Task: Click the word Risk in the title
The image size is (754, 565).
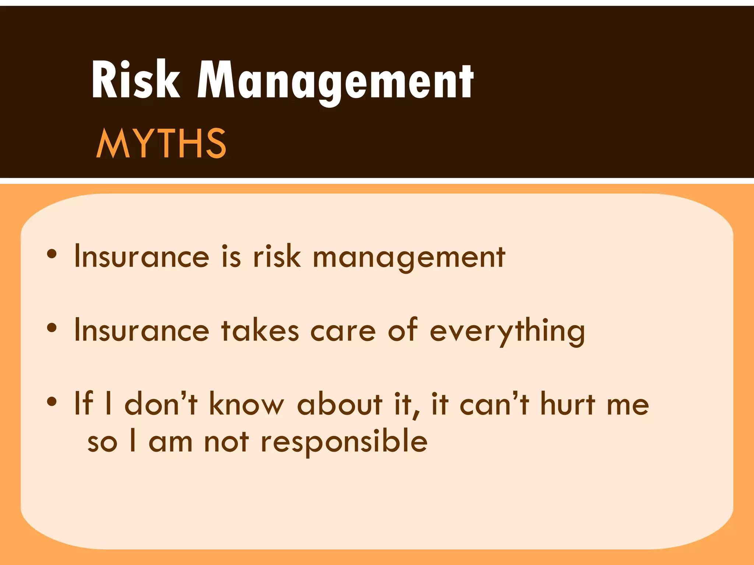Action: click(135, 80)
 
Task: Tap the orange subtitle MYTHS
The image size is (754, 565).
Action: click(161, 143)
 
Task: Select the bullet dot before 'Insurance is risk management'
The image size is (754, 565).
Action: click(52, 253)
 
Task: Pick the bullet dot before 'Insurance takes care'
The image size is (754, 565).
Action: click(52, 327)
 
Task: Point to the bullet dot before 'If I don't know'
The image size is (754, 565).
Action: click(52, 401)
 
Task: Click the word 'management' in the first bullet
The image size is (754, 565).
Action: click(409, 257)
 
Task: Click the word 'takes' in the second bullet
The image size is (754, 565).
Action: click(260, 330)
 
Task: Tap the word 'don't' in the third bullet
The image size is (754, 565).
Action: click(161, 404)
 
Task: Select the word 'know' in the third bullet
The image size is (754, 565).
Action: click(247, 404)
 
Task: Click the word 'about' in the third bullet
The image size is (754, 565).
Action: click(339, 404)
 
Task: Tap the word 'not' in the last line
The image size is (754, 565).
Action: click(226, 441)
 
